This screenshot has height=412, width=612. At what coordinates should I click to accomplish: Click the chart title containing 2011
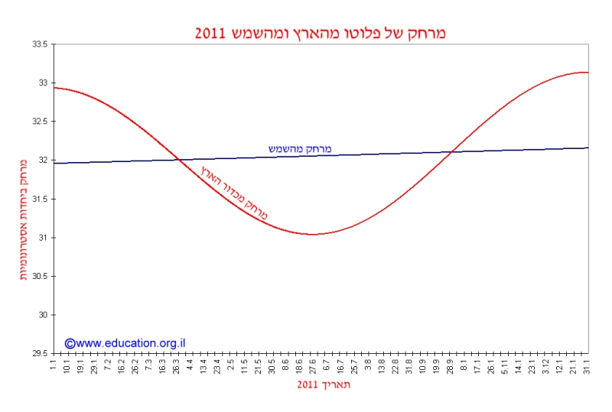326,33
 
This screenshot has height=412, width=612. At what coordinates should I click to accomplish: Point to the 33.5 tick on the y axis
39,44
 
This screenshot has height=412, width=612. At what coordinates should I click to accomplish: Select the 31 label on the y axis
42,238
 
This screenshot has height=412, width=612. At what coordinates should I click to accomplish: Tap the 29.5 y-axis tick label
39,354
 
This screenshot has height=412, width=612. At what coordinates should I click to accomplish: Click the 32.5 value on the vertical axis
39,122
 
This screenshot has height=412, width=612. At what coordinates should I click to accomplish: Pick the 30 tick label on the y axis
42,315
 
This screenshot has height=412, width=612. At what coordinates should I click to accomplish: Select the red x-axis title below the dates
324,384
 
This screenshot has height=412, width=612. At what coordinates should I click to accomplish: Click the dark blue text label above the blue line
300,148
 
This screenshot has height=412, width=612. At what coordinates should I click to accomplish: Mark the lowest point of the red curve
313,234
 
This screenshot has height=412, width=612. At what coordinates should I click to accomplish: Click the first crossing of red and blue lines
178,159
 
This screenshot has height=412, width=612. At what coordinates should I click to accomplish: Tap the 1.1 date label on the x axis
54,364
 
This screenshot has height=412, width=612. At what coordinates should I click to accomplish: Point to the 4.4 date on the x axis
190,364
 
